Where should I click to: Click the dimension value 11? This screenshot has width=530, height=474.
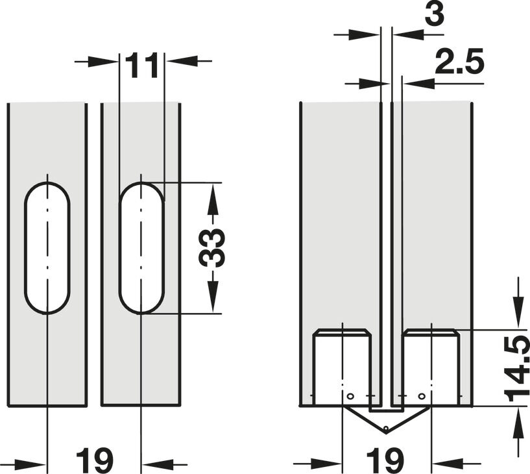pyautogui.click(x=141, y=65)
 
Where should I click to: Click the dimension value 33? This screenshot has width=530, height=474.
pyautogui.click(x=211, y=248)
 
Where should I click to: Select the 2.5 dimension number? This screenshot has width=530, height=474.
pyautogui.click(x=459, y=62)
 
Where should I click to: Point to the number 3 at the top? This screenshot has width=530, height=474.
pyautogui.click(x=435, y=14)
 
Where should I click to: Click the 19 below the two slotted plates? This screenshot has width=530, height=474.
pyautogui.click(x=94, y=461)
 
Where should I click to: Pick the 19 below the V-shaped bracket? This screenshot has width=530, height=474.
pyautogui.click(x=385, y=461)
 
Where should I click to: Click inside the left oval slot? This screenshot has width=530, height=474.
pyautogui.click(x=47, y=248)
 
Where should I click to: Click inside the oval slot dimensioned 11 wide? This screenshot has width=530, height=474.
pyautogui.click(x=141, y=248)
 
